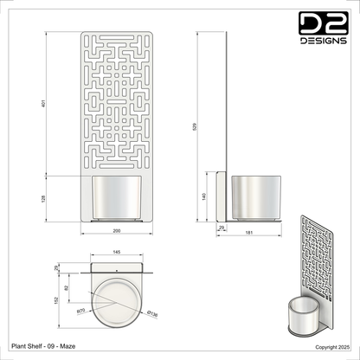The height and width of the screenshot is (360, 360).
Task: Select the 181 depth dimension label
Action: click(250, 233)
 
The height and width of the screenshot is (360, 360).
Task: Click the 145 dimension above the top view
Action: click(116, 252)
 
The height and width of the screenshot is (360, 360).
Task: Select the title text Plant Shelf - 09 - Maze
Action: click(41, 345)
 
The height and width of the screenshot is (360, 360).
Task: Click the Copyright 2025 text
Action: click(331, 346)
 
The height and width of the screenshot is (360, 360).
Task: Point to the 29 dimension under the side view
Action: click(221, 227)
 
